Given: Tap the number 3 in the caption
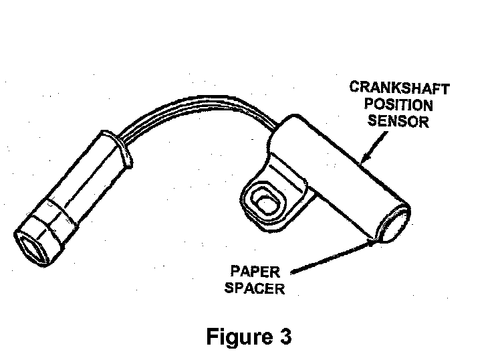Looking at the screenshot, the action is click(283, 336).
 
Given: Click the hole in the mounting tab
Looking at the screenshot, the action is click(263, 201).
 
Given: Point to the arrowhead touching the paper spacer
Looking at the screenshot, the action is click(372, 243).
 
